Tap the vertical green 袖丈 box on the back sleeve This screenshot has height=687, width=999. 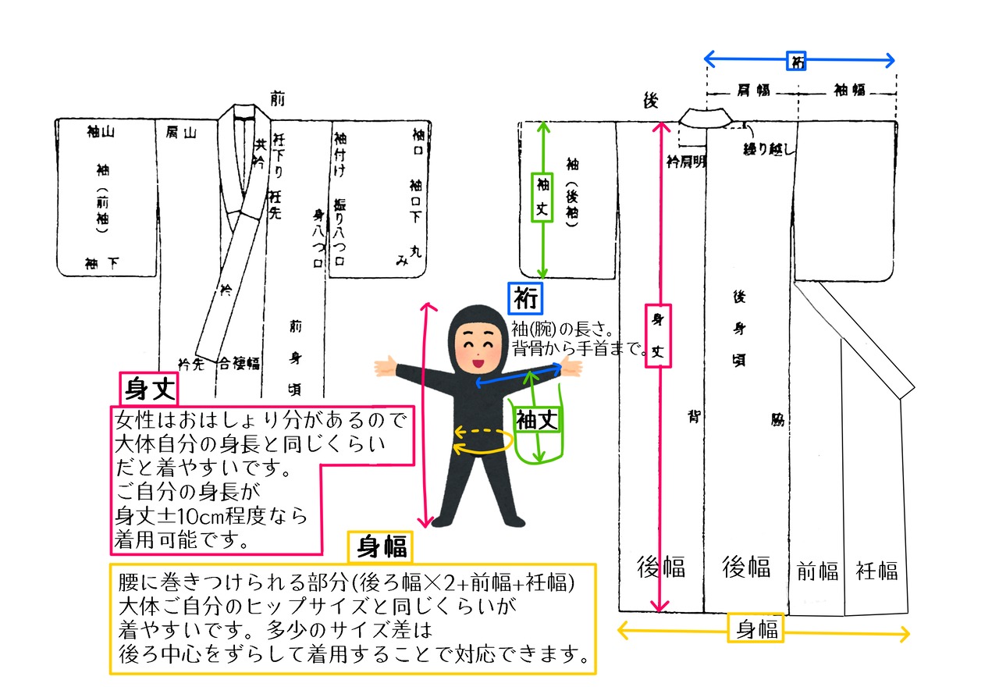(543, 197)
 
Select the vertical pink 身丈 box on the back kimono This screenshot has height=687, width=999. (659, 336)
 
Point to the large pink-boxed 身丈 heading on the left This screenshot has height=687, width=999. (148, 388)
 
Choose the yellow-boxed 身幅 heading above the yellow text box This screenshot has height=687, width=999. (381, 546)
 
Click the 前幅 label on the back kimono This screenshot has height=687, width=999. (817, 571)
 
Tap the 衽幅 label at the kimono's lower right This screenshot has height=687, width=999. (876, 571)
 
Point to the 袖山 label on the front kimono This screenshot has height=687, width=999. (101, 133)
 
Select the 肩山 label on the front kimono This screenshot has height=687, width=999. (181, 133)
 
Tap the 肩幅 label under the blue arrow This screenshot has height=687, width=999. (753, 90)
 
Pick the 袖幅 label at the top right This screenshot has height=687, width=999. (850, 90)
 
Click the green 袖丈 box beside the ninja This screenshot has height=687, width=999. (537, 420)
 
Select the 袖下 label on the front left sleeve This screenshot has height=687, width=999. (102, 264)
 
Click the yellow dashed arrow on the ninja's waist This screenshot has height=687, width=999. (483, 432)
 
